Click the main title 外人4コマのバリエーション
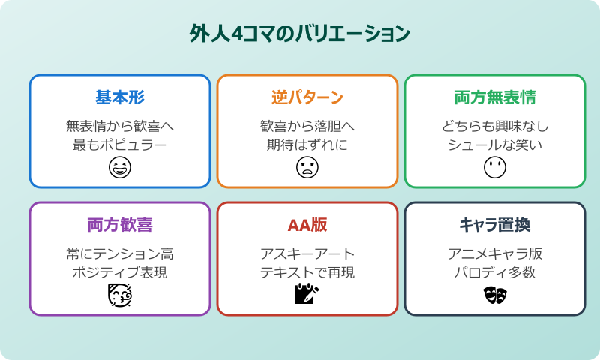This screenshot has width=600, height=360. tap(300, 35)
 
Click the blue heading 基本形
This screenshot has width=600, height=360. tap(120, 98)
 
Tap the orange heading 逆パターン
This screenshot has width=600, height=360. tap(307, 98)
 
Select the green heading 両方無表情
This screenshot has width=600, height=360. tap(495, 98)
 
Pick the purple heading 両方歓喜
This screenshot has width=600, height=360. tap(120, 226)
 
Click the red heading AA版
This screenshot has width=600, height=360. tap(307, 226)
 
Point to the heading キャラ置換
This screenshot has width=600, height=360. tap(495, 226)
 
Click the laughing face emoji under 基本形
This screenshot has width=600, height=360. tap(120, 168)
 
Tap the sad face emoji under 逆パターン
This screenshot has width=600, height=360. tap(307, 168)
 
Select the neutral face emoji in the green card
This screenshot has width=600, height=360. tap(495, 168)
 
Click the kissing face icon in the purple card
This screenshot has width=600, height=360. tap(120, 295)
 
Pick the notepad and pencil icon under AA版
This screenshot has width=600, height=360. tap(307, 295)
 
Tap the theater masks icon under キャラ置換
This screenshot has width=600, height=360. tap(495, 295)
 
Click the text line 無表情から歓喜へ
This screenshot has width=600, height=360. tap(120, 125)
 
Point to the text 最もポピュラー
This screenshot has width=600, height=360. tap(120, 144)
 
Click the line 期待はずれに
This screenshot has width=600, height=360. tap(307, 144)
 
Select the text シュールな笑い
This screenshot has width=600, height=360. tap(495, 144)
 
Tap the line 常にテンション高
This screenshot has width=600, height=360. tap(120, 253)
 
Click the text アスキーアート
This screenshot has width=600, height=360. tap(307, 253)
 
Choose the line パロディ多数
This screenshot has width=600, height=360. tap(495, 271)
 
